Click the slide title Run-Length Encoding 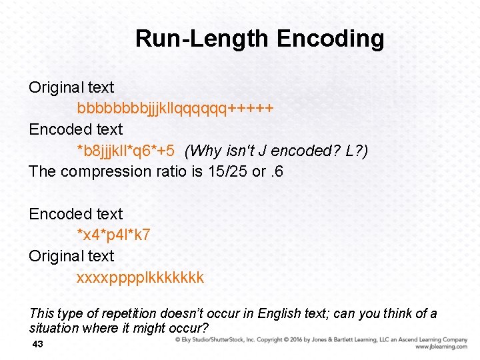pos(259,39)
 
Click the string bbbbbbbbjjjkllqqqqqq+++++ pos(175,108)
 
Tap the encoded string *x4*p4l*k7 pos(114,235)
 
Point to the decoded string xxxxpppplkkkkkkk pos(141,277)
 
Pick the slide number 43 pos(37,344)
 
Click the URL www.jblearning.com pos(441,347)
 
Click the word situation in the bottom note pos(55,328)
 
